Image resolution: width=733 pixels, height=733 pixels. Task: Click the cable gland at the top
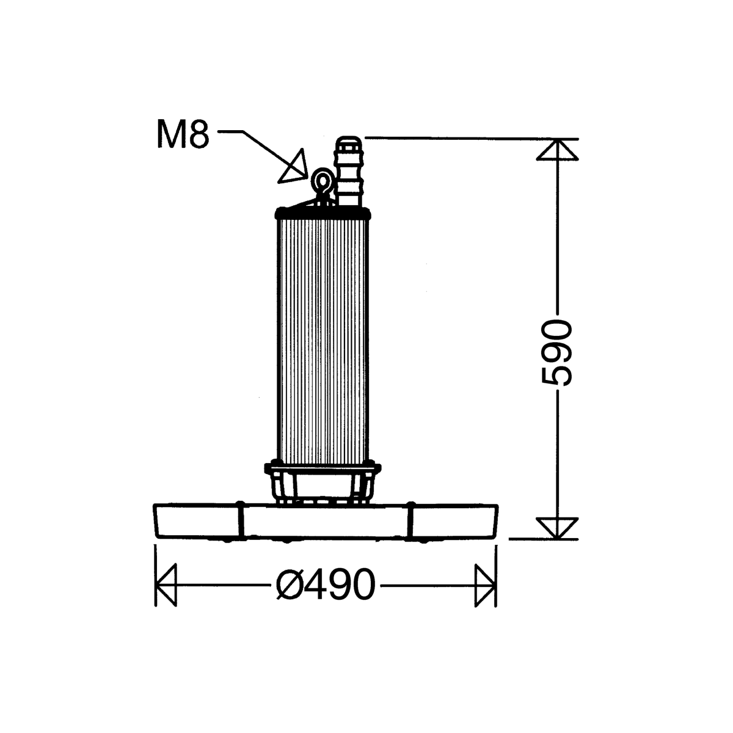click(348, 171)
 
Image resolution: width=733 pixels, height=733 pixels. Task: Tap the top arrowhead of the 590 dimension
click(558, 150)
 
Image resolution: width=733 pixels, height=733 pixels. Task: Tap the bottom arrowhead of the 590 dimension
click(558, 528)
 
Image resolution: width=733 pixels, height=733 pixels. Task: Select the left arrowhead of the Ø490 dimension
click(166, 585)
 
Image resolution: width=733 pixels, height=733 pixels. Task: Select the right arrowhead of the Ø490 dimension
click(486, 585)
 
